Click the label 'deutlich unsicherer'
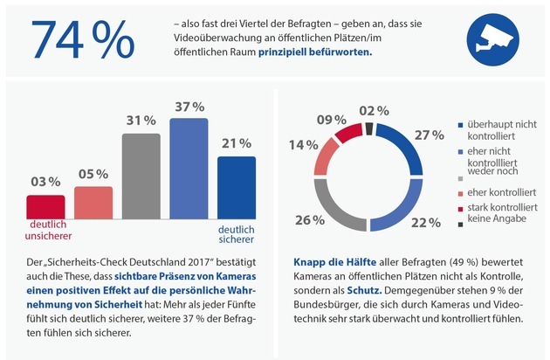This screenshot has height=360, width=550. pos(45,229)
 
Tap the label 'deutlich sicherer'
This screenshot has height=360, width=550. pos(236,229)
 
